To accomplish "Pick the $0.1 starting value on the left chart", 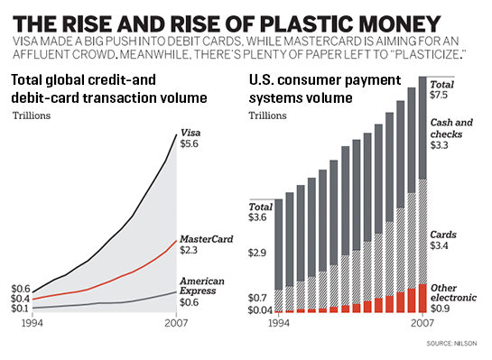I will (21, 309).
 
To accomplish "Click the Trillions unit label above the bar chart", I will (268, 116).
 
